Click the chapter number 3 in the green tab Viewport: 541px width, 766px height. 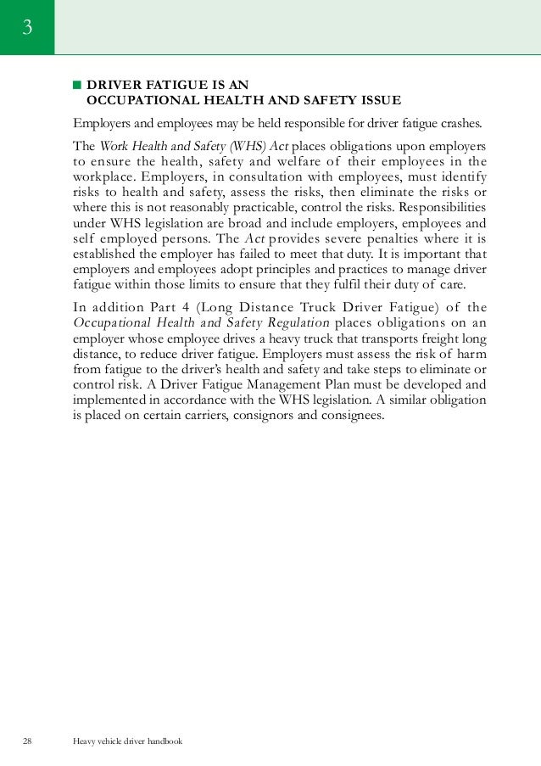tap(27, 28)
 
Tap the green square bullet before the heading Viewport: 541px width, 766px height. tap(76, 85)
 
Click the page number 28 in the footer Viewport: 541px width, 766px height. tap(27, 741)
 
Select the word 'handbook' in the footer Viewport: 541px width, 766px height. tap(162, 741)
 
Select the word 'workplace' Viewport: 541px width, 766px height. tap(103, 176)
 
